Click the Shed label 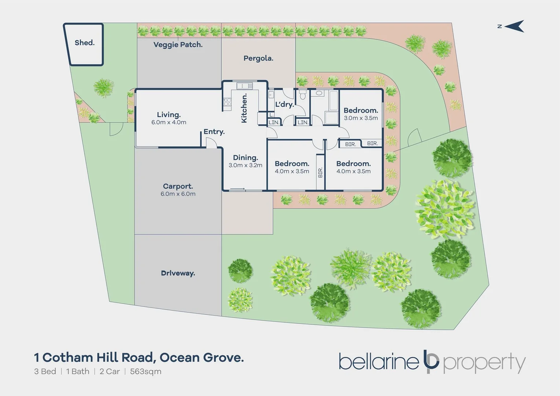84,43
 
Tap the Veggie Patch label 178,45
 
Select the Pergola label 258,58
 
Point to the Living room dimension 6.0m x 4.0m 169,122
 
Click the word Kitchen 244,108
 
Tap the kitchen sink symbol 244,86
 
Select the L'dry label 284,104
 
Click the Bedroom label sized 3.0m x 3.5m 361,110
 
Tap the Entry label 214,132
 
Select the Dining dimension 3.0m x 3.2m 245,165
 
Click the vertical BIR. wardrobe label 320,172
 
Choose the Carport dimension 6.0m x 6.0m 178,194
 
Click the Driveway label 178,273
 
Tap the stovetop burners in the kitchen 227,102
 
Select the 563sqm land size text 145,371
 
